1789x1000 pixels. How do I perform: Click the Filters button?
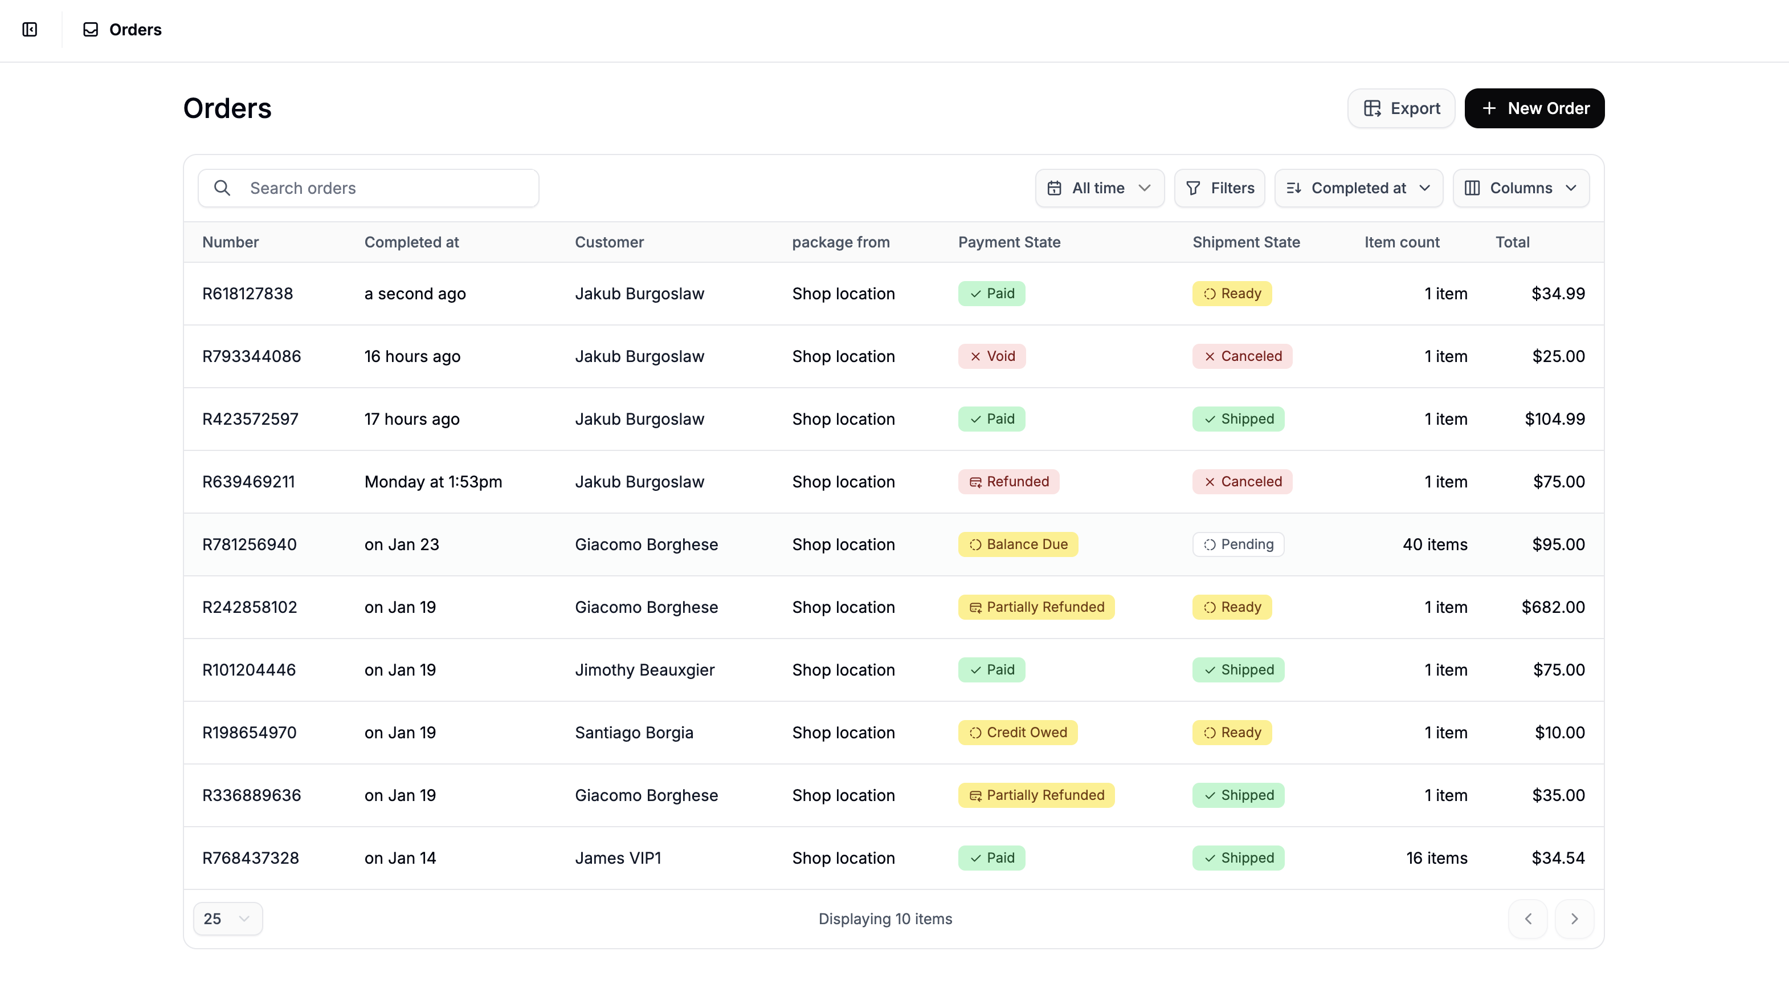coord(1219,188)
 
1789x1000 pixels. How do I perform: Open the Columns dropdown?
coord(1520,188)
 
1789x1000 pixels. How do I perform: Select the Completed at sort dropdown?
coord(1358,188)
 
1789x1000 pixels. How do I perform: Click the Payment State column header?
coord(1008,242)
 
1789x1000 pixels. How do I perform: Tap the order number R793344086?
coord(251,356)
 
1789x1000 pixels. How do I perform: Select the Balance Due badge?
coord(1018,545)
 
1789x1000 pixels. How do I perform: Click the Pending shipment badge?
coord(1237,545)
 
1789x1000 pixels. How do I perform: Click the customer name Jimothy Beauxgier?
coord(644,670)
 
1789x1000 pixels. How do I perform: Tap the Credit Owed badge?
coord(1018,733)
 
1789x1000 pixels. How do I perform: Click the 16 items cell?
coord(1436,858)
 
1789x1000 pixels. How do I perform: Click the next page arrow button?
coord(1574,918)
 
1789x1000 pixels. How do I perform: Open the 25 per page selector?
coord(227,918)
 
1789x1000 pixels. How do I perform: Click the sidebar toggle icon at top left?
coord(30,30)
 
